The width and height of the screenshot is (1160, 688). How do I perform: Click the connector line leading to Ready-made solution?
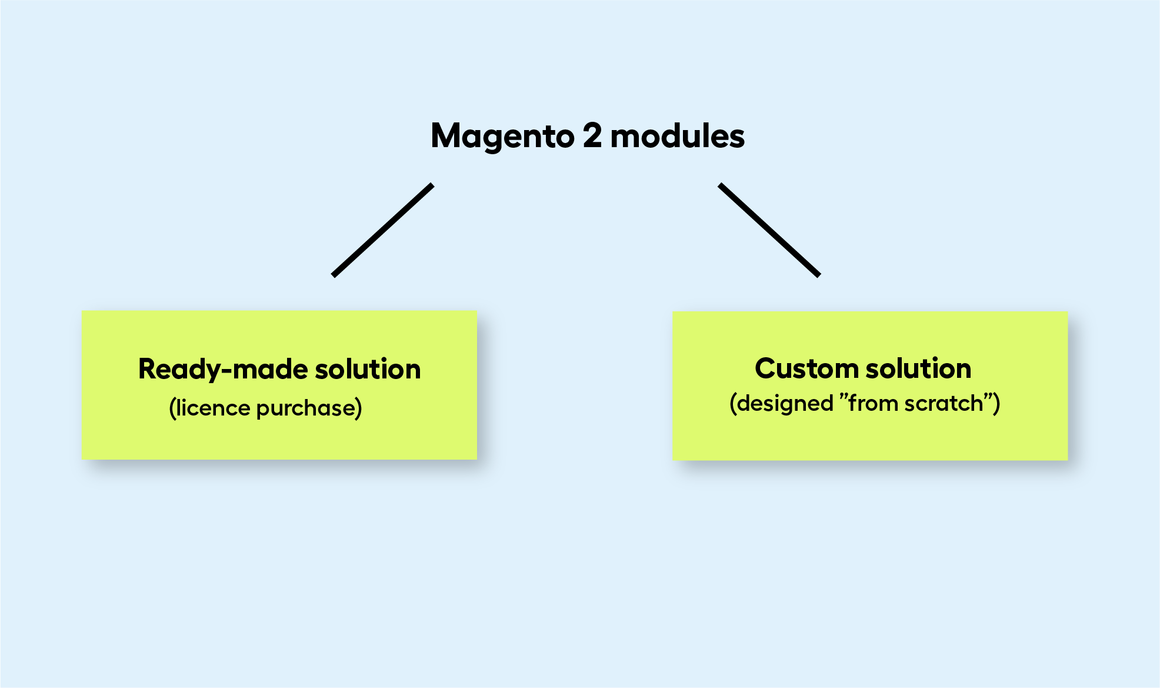383,230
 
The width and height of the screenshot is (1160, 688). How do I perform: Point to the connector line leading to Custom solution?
769,230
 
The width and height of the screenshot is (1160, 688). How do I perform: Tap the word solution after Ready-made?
368,369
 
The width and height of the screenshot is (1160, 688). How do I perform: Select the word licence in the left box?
214,407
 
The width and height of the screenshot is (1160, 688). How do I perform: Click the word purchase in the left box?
306,408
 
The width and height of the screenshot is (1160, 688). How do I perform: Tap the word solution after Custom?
918,368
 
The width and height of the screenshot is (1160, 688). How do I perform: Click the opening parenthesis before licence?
172,408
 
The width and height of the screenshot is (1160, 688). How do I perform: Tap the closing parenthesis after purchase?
359,408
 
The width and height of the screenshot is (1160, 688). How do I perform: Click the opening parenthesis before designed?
733,404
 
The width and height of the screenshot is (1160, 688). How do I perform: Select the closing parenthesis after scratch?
996,404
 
